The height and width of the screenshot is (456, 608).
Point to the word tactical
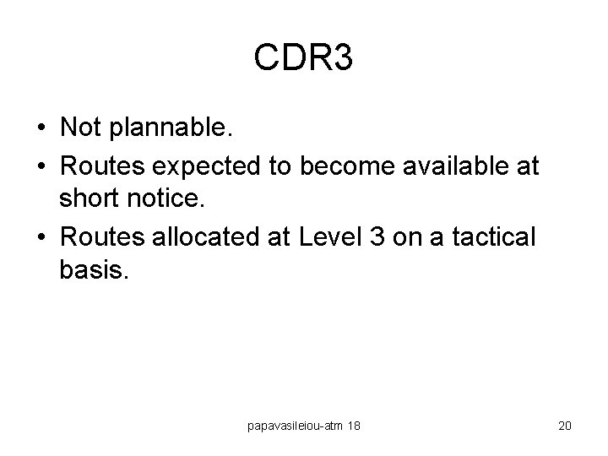coord(491,236)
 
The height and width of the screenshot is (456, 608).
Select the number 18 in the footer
coord(354,426)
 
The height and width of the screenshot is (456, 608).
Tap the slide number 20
coord(565,426)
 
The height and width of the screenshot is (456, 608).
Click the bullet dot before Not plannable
coord(41,128)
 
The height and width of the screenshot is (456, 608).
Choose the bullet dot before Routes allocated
coord(41,237)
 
